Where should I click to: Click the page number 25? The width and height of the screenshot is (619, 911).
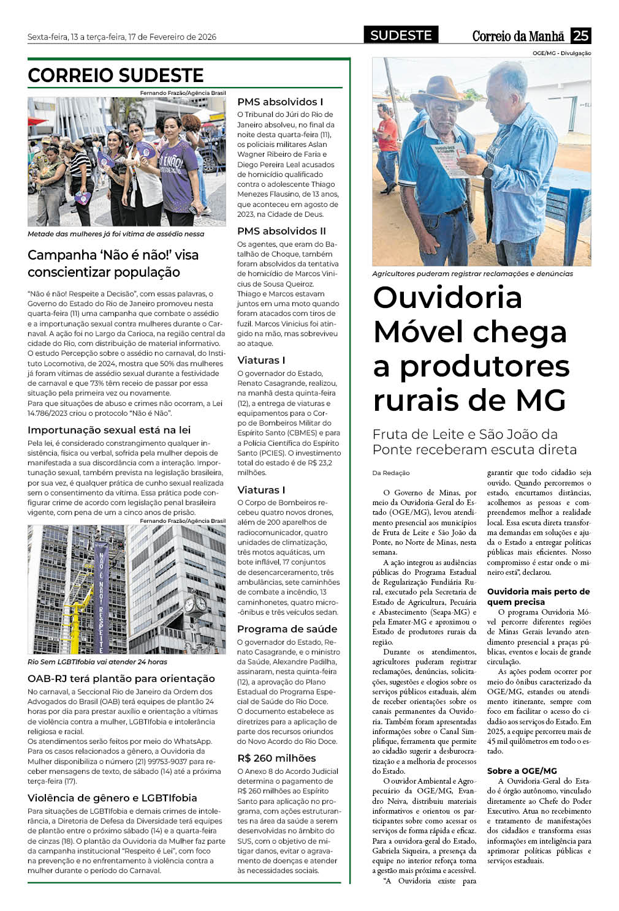(580, 36)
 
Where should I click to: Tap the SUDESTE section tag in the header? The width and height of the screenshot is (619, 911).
(401, 36)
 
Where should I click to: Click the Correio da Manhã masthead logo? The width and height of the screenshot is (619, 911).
(518, 36)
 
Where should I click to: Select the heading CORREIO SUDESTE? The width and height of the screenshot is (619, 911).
(116, 75)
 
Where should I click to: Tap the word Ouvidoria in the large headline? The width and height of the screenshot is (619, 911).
(447, 298)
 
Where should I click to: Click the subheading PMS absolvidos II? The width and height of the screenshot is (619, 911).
(281, 231)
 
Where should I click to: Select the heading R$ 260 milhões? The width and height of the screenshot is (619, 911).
(276, 758)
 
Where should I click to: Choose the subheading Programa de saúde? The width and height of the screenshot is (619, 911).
(287, 629)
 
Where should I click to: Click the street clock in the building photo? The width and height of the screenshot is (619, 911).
(196, 605)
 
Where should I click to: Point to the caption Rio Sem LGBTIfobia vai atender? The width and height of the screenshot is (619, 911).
(97, 662)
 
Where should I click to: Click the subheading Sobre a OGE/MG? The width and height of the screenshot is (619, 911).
(522, 771)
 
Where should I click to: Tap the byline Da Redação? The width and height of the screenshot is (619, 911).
(391, 473)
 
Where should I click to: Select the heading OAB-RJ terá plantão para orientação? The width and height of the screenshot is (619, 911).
(121, 678)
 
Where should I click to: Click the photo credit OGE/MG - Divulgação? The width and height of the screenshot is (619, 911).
(561, 53)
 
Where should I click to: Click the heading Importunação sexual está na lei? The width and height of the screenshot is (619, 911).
(109, 430)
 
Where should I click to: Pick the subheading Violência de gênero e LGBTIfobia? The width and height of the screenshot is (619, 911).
(112, 798)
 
